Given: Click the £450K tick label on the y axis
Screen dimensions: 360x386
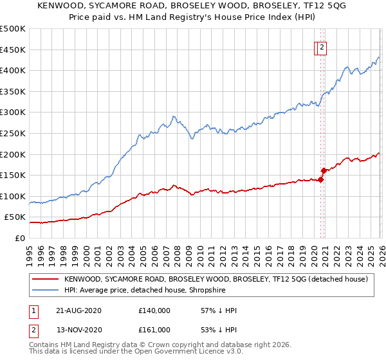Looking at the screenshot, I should tap(13, 50).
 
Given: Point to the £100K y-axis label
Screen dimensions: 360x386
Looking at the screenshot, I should tap(13, 196).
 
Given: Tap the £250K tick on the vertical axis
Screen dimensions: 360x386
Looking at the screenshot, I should tap(13, 133).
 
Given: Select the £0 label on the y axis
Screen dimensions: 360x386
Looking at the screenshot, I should tap(20, 238).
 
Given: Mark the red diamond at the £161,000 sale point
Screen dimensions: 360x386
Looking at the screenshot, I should tap(324, 170).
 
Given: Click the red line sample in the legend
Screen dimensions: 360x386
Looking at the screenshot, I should tap(44, 279).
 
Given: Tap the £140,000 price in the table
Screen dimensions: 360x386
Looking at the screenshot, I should tap(154, 310).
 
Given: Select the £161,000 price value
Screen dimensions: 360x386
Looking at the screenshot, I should tap(154, 330).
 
